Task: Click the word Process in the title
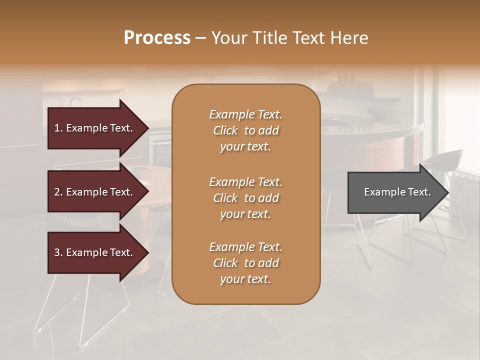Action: [x=157, y=38]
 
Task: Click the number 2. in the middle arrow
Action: [x=58, y=192]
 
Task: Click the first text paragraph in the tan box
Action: [x=245, y=130]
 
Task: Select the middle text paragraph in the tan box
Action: [x=245, y=198]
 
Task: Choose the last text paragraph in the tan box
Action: [x=245, y=263]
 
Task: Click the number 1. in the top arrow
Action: [x=58, y=128]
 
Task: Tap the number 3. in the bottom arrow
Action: [x=58, y=252]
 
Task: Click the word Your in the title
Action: [x=228, y=38]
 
